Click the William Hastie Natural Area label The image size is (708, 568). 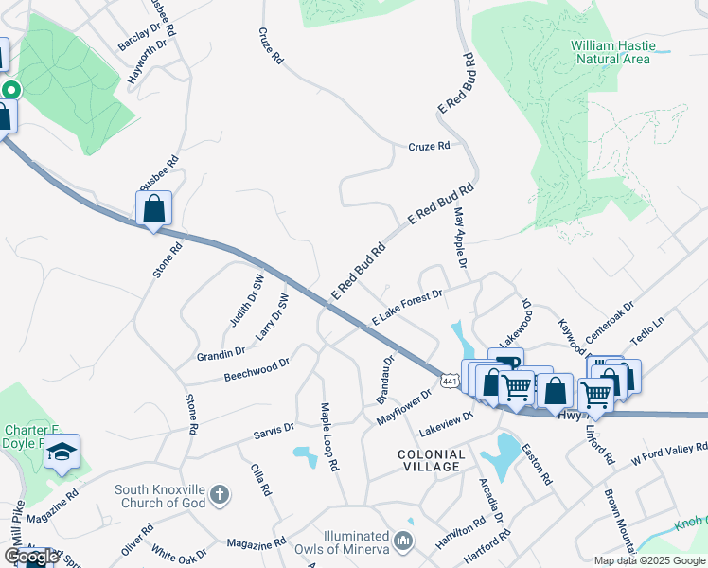click(x=610, y=51)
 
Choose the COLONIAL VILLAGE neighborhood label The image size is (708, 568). click(x=431, y=461)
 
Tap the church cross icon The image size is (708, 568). click(x=219, y=494)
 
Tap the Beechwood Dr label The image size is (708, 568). click(x=256, y=369)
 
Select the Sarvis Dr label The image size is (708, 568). click(x=274, y=431)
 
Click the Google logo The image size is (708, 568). click(x=31, y=557)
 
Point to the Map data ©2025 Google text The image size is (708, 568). click(x=649, y=560)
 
